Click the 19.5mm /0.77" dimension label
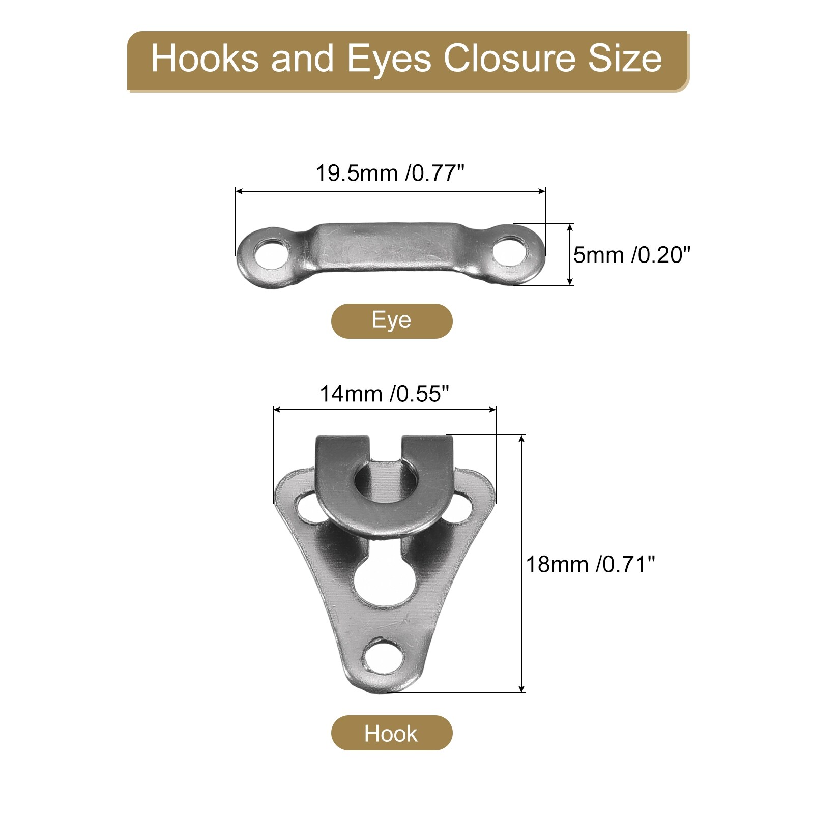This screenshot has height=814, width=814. [390, 173]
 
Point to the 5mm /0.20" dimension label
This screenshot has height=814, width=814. [632, 254]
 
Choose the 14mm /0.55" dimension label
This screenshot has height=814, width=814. [385, 394]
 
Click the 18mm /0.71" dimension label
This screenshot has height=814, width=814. [590, 564]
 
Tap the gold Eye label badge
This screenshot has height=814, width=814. [392, 321]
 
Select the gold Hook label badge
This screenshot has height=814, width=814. [392, 733]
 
